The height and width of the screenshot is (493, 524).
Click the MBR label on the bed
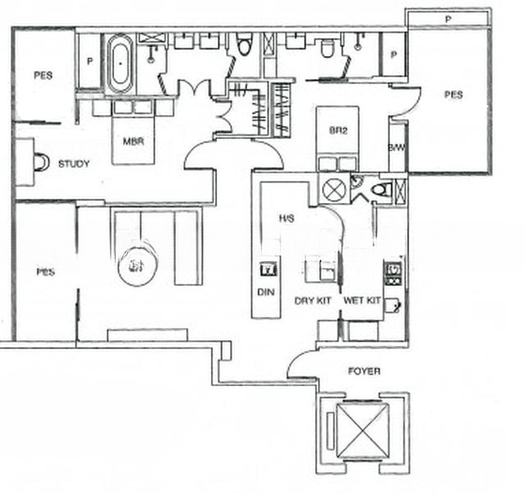click(134, 141)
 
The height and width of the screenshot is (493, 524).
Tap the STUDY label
click(74, 164)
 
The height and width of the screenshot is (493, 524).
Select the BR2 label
click(338, 131)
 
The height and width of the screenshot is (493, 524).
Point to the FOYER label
click(365, 371)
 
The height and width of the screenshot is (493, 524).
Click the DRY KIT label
click(313, 301)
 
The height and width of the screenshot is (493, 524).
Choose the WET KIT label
click(362, 301)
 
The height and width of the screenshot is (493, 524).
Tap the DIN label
click(265, 293)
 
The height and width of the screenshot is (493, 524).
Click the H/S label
click(287, 219)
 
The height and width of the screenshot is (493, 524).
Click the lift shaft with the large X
click(362, 431)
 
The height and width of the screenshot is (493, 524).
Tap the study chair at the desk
click(41, 163)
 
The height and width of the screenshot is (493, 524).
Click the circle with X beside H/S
click(333, 190)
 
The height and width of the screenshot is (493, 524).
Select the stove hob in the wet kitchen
click(393, 274)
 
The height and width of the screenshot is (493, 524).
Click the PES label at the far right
click(453, 94)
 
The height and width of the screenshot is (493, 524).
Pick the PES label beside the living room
click(45, 272)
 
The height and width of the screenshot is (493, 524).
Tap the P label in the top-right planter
click(448, 20)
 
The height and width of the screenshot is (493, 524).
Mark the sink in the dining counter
click(269, 269)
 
